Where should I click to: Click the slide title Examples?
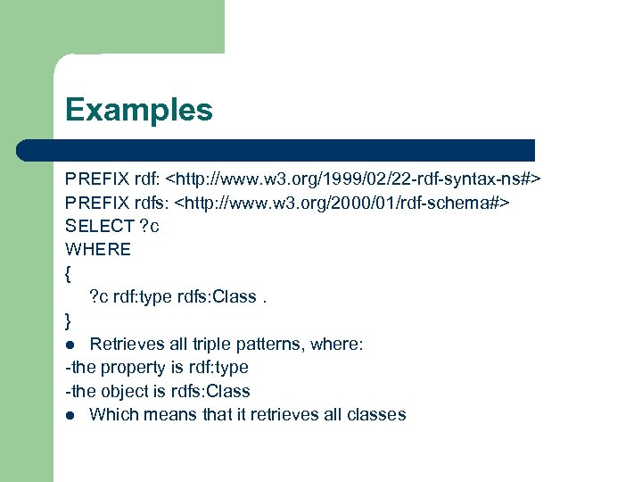pos(139,110)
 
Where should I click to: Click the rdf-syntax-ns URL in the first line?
pos(360,179)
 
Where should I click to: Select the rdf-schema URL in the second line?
pos(342,203)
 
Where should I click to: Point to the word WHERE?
pos(98,249)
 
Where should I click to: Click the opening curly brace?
pos(69,273)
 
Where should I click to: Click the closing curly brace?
pos(69,320)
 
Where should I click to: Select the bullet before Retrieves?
pos(70,344)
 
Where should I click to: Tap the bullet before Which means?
pos(70,414)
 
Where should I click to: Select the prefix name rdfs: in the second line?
pos(149,203)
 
